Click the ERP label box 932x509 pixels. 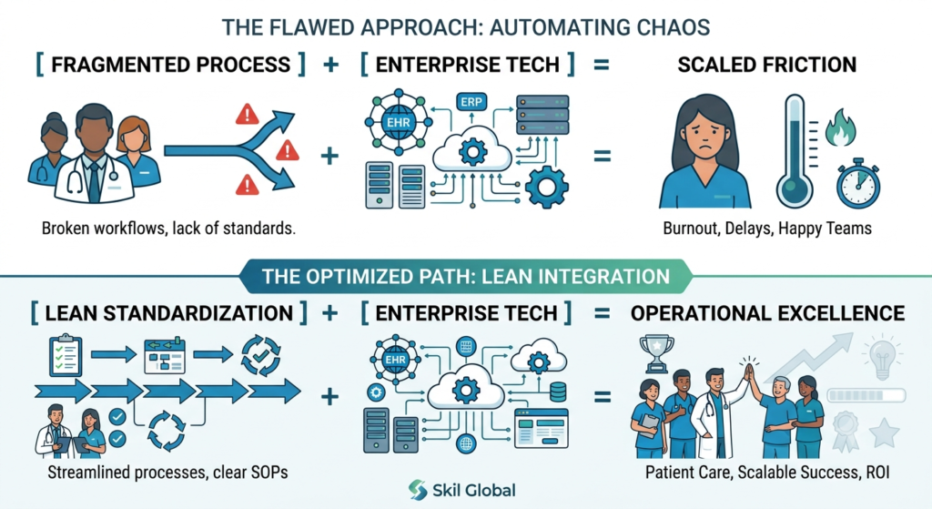coord(471,102)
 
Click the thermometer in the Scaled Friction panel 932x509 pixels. coord(795,151)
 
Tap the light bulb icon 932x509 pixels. coord(883,356)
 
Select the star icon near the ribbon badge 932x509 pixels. coord(884,433)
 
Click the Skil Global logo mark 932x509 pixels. coord(418,490)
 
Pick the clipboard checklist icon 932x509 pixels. coord(66,355)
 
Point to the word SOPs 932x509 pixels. coord(268,473)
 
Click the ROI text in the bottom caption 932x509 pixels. coord(877,473)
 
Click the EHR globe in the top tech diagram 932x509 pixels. coord(399,123)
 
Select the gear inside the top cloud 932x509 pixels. coord(472,152)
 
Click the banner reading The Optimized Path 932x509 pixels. coord(466,277)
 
